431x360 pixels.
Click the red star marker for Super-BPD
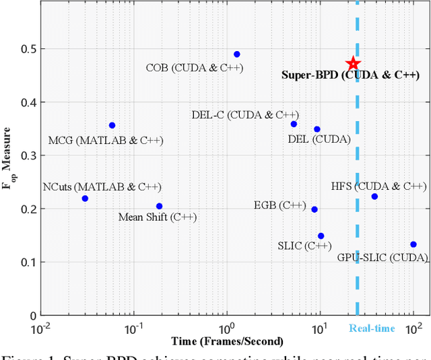click(353, 64)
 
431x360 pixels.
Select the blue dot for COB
click(236, 55)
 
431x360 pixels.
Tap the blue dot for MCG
click(112, 126)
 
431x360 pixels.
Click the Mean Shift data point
click(159, 207)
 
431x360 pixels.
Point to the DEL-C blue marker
click(294, 124)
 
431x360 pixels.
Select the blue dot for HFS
click(374, 196)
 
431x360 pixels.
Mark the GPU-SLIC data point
click(413, 245)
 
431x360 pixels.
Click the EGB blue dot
click(314, 209)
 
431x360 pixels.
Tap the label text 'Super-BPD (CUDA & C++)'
click(350, 75)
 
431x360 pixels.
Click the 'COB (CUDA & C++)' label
click(195, 67)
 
